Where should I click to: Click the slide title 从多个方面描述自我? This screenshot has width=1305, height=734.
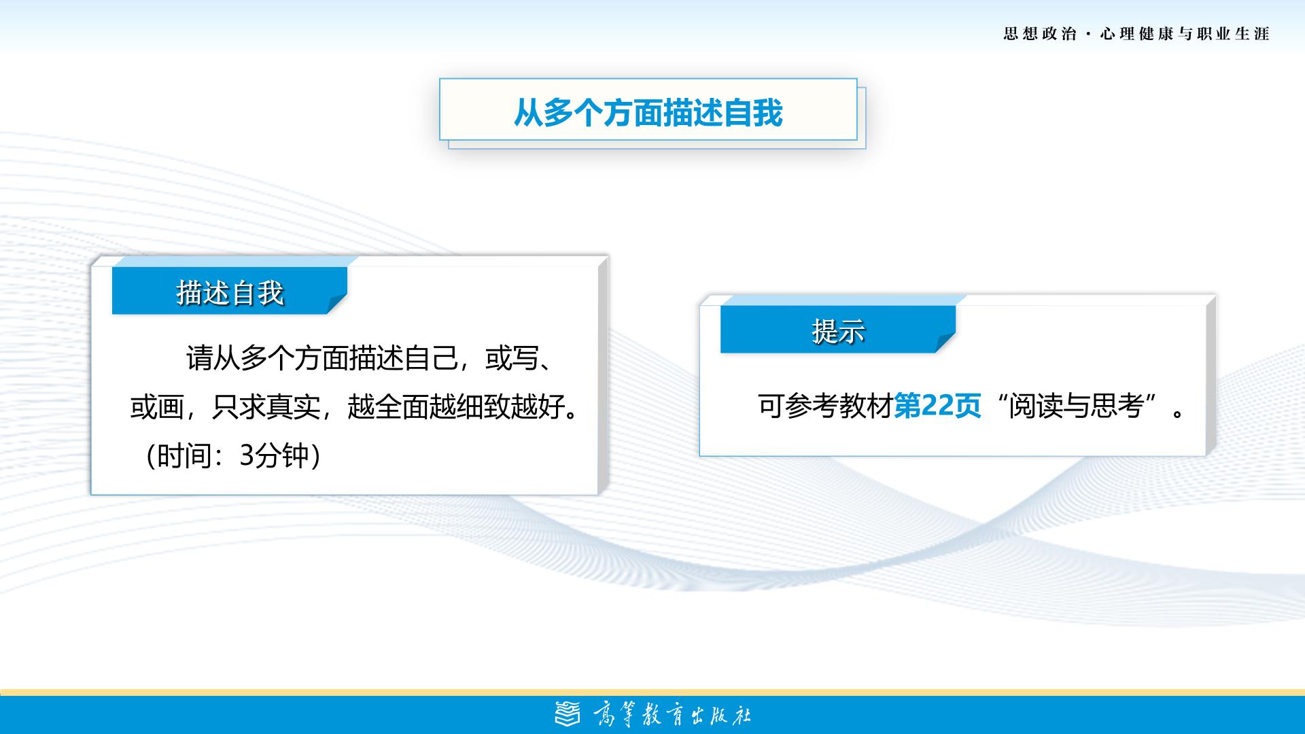click(648, 112)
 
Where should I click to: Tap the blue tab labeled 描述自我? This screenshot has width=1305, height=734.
click(230, 291)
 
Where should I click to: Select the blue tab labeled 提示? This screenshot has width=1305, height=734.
click(838, 330)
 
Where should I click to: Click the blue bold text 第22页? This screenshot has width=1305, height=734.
click(937, 406)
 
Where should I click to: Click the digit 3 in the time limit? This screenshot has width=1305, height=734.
click(247, 455)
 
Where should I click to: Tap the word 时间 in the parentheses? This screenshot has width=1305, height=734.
click(184, 455)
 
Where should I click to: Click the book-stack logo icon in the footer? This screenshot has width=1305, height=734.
click(568, 714)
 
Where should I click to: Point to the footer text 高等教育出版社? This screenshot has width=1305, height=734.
click(672, 715)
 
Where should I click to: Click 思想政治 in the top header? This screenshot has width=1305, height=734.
click(1040, 33)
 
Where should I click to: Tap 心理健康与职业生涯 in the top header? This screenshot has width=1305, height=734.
click(1185, 33)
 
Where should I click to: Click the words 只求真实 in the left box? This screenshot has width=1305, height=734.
click(266, 406)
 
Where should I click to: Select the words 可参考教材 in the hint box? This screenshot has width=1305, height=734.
click(825, 406)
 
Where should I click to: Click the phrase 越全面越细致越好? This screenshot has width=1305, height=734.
click(456, 406)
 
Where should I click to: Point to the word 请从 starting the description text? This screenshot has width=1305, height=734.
click(213, 358)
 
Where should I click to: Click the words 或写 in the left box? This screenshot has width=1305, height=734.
click(512, 358)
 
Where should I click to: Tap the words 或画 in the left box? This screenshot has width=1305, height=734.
click(157, 406)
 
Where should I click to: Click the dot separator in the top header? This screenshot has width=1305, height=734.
click(1089, 34)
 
